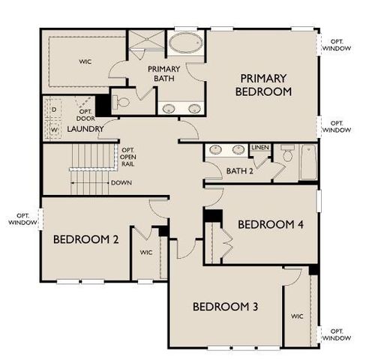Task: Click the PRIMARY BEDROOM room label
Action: pos(265,85)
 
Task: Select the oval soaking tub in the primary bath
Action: pos(184,42)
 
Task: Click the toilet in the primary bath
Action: pos(123,101)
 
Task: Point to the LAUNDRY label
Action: pos(85,128)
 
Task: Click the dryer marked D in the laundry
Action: pos(53,109)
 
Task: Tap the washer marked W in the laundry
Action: pos(53,129)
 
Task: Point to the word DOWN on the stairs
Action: pos(121,182)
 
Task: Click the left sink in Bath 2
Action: pos(217,149)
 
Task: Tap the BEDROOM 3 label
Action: pos(226,306)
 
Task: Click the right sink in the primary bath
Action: pos(194,107)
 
